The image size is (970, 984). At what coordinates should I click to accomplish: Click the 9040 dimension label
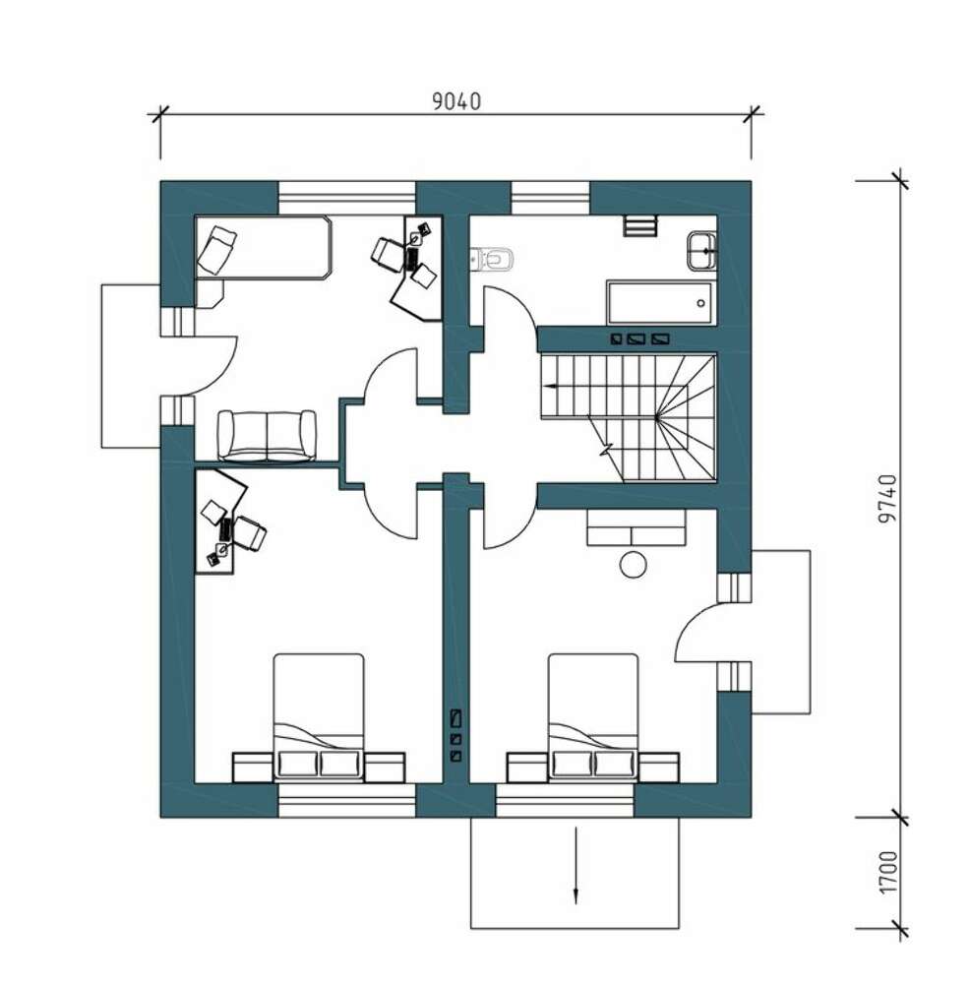[x=456, y=100]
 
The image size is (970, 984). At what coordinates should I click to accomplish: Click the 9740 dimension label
[x=887, y=499]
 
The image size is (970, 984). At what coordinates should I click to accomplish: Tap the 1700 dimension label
[x=887, y=872]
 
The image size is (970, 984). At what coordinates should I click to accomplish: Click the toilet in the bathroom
[x=493, y=258]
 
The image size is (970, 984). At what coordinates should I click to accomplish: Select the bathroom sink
[x=701, y=250]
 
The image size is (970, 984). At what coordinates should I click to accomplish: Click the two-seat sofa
[x=267, y=435]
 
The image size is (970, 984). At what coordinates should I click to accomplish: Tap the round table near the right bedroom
[x=633, y=564]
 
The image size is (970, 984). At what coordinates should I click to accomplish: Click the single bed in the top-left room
[x=263, y=247]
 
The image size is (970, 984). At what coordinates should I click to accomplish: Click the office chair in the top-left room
[x=389, y=254]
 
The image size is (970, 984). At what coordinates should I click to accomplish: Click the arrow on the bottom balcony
[x=576, y=865]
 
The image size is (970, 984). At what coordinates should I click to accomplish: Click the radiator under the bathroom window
[x=640, y=225]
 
